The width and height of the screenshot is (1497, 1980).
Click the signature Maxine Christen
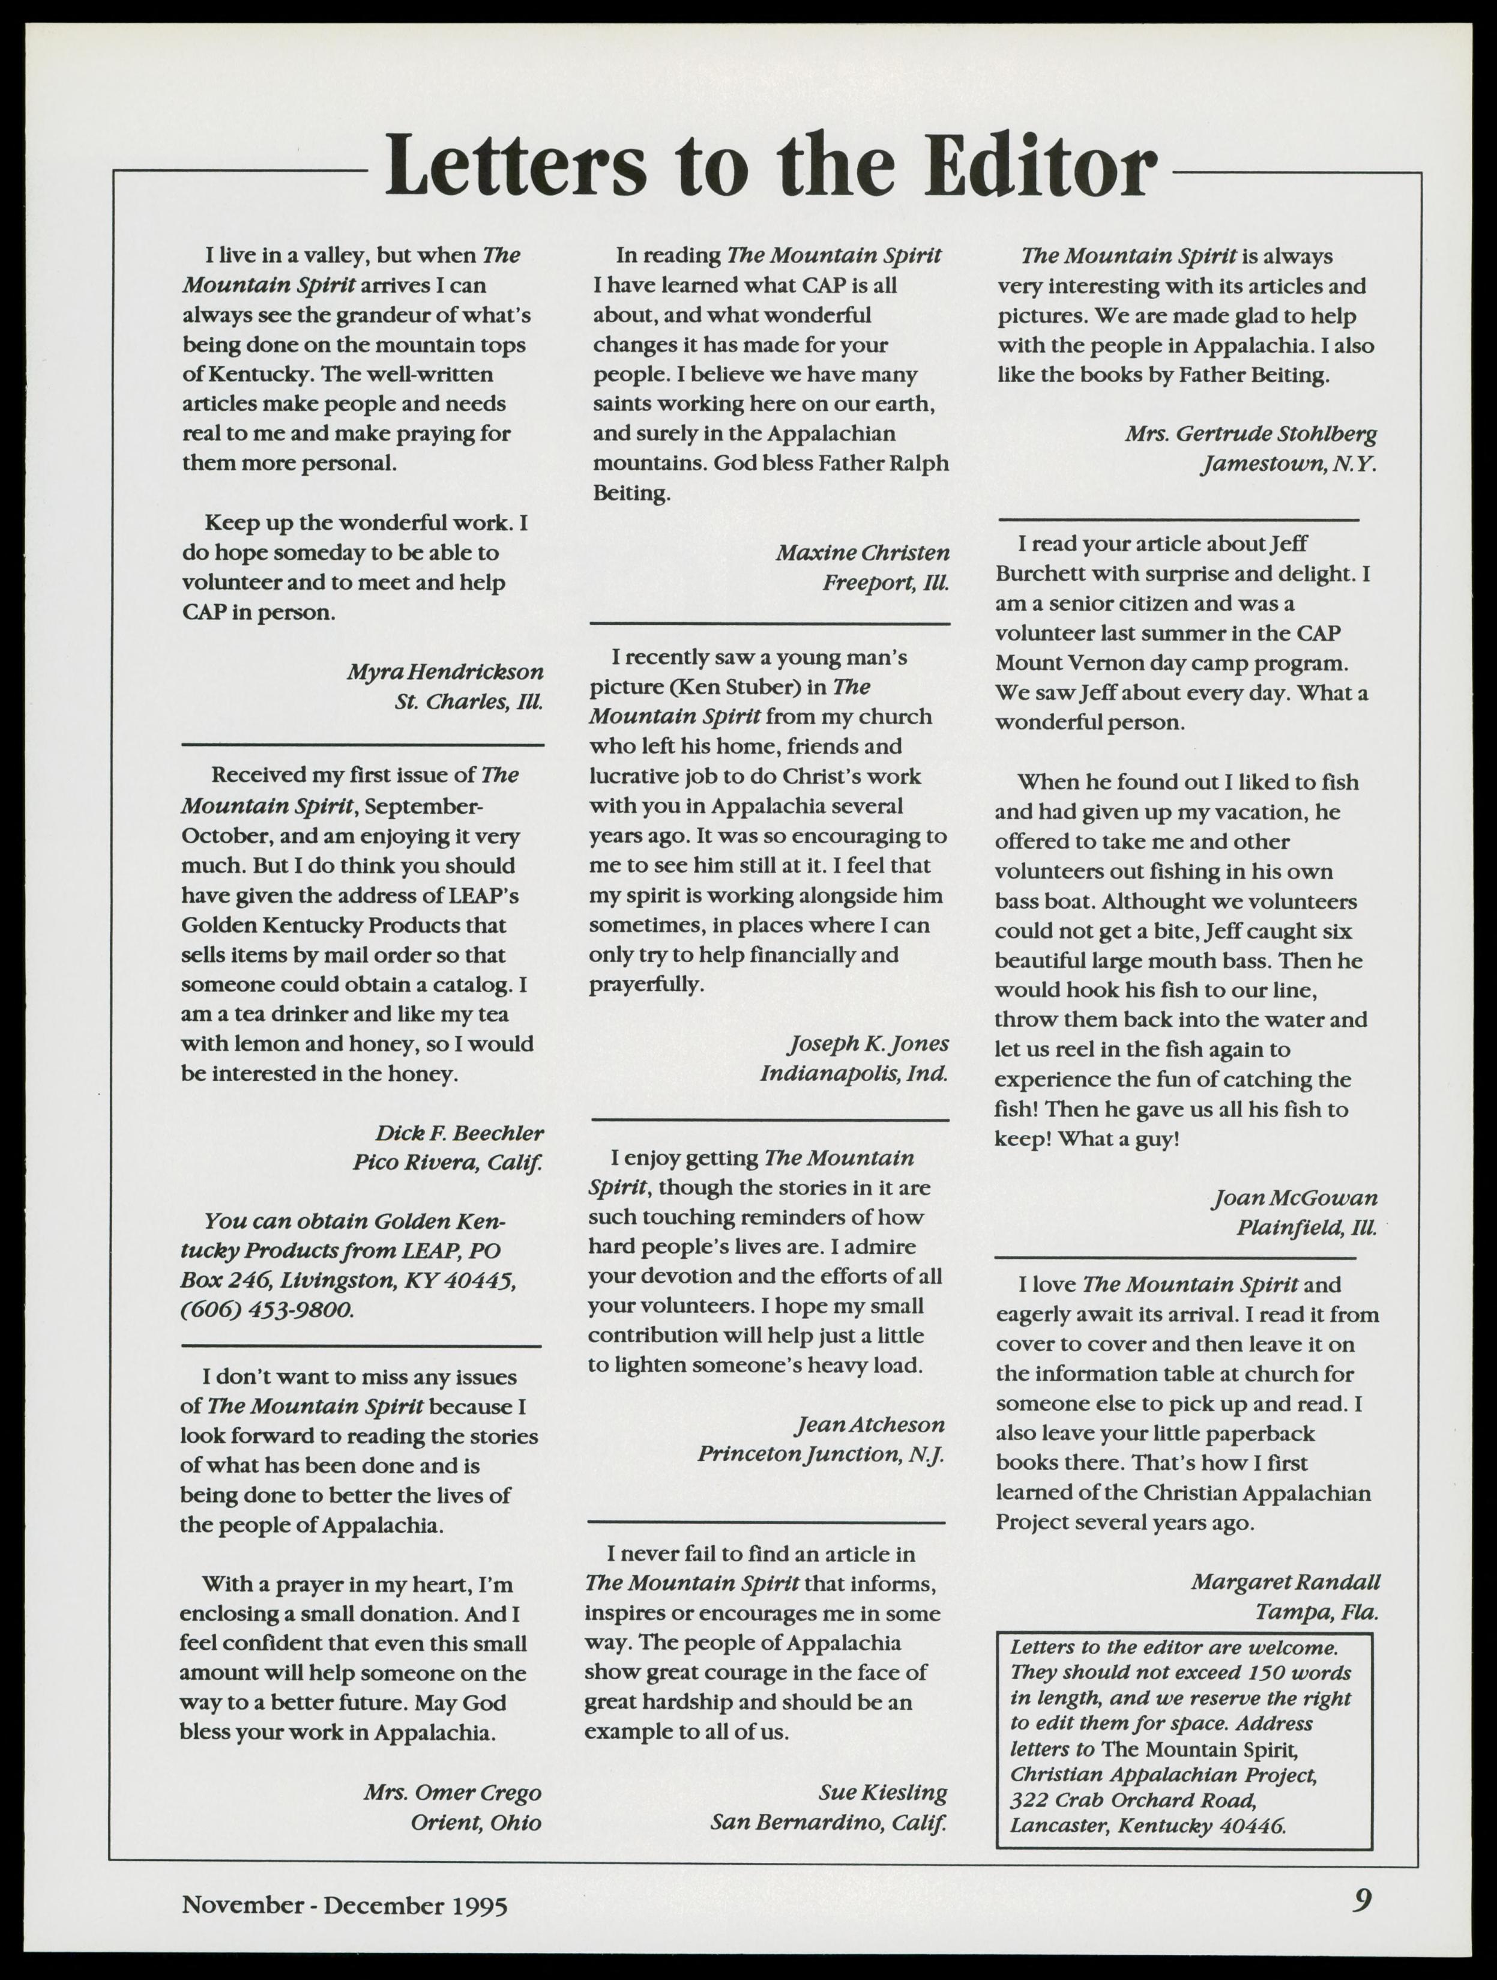click(x=863, y=553)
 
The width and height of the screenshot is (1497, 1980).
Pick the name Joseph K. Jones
click(x=868, y=1043)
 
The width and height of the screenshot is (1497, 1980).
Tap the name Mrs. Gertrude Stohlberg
click(x=1251, y=434)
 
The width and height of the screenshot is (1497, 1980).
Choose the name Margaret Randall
click(x=1286, y=1582)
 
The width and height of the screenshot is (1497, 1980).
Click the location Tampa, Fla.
click(x=1316, y=1612)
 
